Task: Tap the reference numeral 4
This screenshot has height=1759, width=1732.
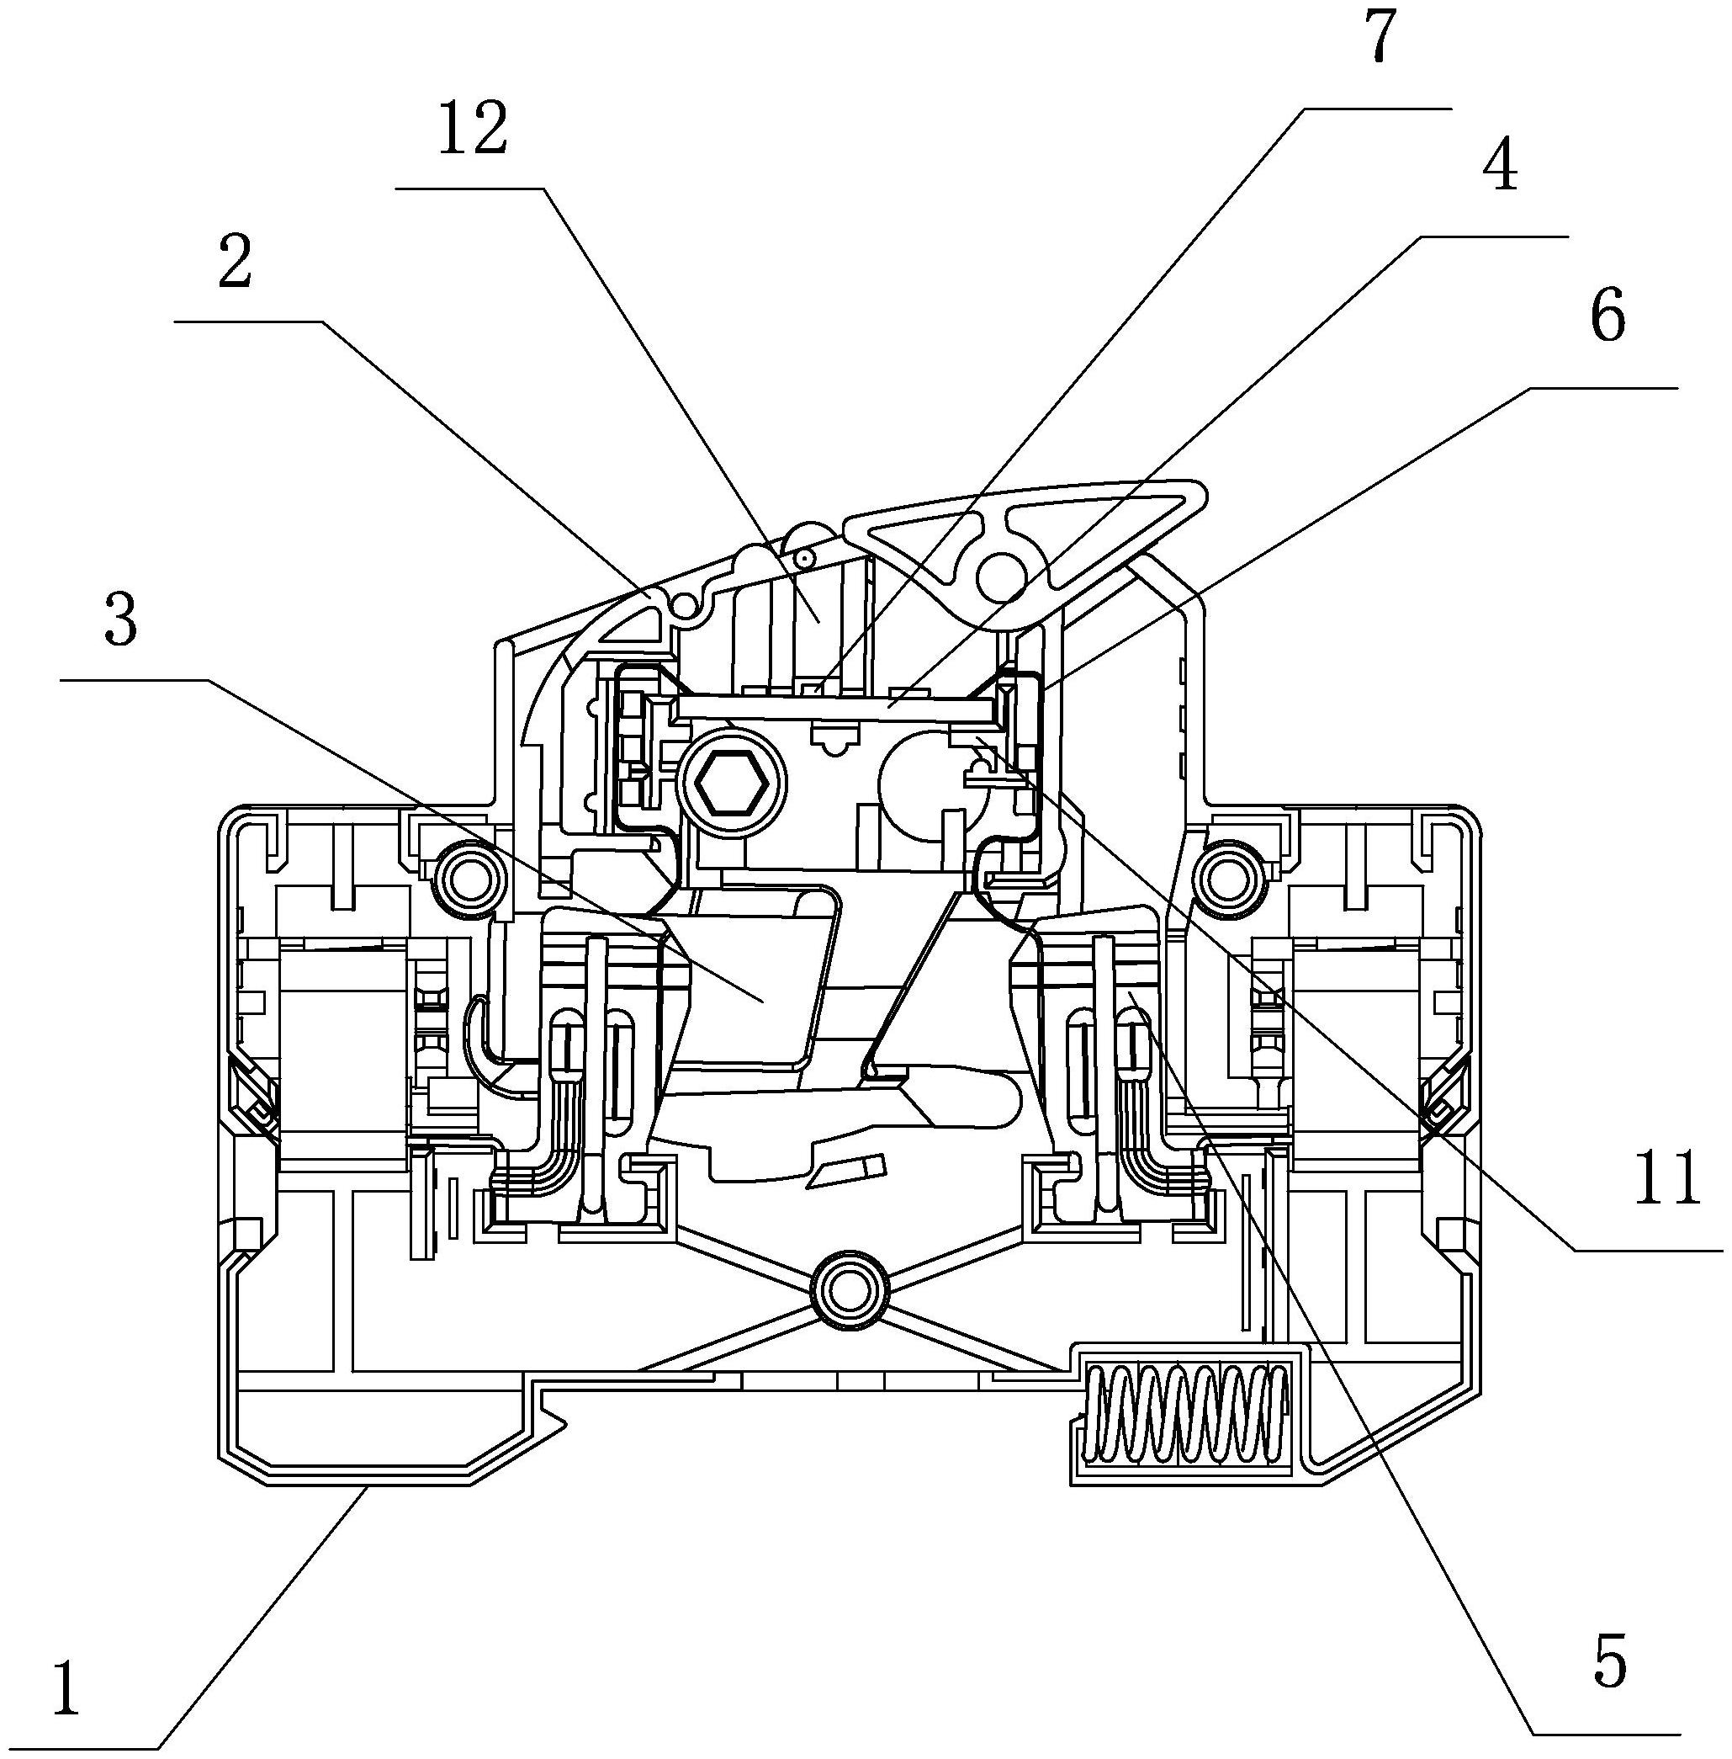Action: tap(1498, 165)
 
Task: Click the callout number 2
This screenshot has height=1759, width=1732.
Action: tap(235, 261)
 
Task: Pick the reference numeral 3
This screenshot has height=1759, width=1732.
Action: tap(120, 618)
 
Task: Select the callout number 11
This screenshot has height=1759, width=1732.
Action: tap(1667, 1177)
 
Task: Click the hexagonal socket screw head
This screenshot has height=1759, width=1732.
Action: tap(729, 784)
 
